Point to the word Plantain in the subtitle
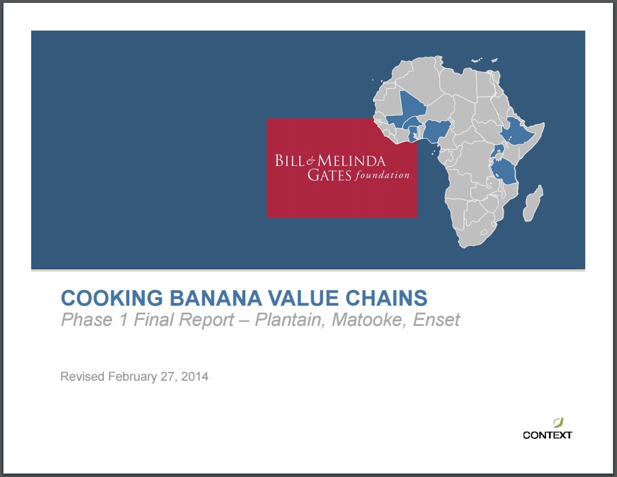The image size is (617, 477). [x=288, y=320]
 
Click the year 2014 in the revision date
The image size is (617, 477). [x=195, y=377]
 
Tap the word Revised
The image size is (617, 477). [x=83, y=377]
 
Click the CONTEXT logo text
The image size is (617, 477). [x=547, y=435]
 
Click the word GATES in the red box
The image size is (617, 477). [x=329, y=175]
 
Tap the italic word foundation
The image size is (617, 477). [x=382, y=175]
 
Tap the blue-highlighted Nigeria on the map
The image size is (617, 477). [x=437, y=132]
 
